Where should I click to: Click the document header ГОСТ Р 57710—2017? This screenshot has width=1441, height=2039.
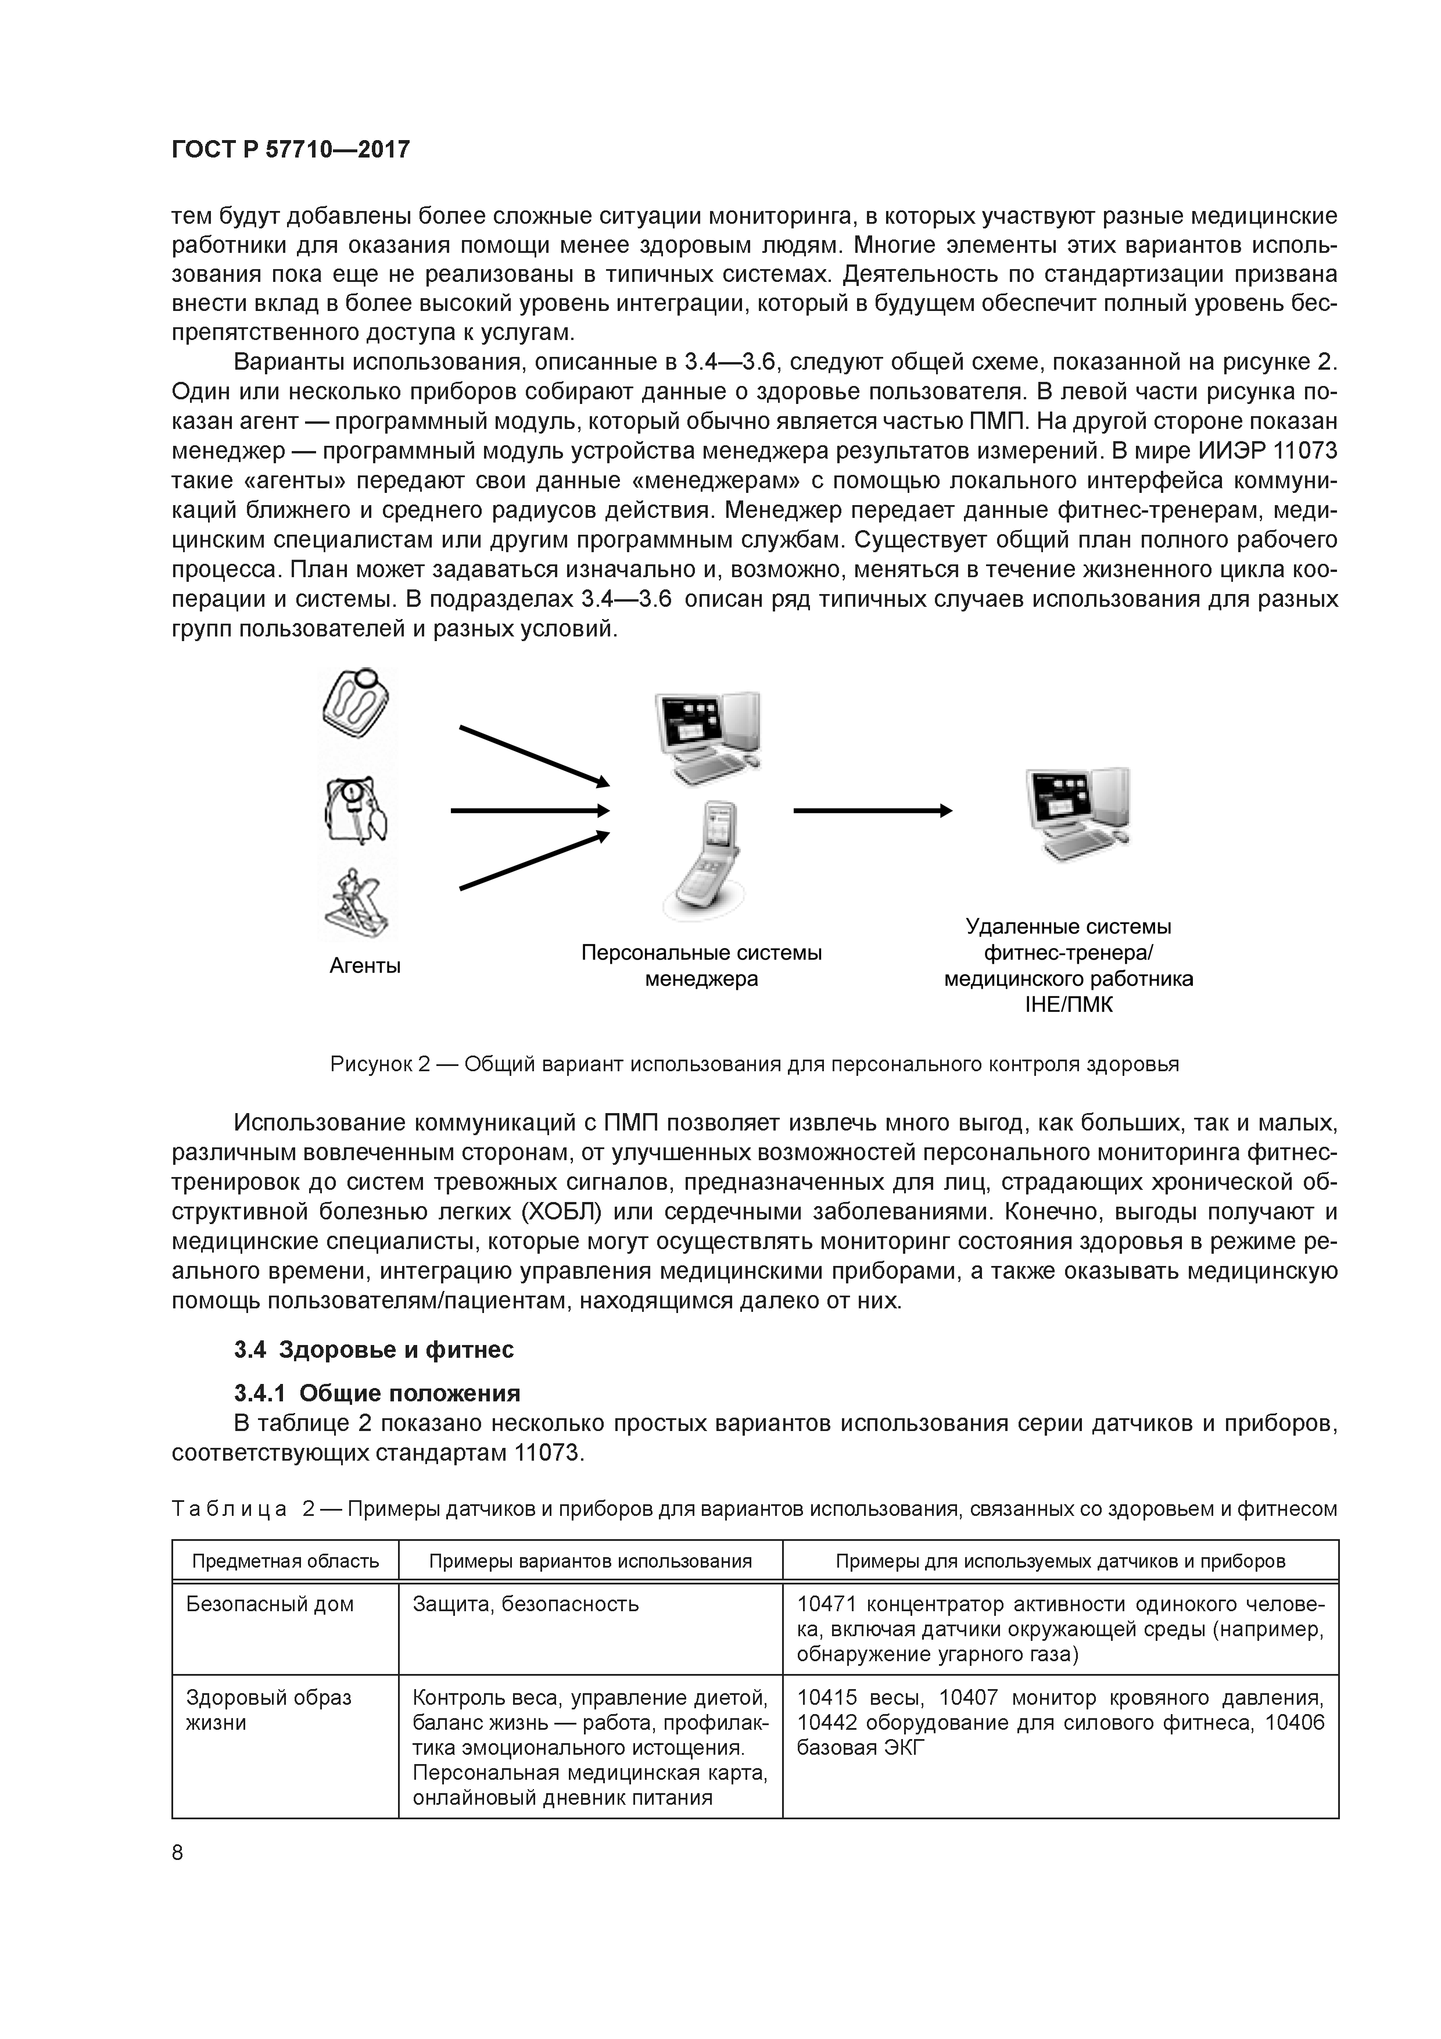[x=291, y=150]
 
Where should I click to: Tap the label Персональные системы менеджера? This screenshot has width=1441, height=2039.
[x=701, y=966]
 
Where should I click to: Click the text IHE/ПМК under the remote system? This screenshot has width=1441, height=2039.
[x=1068, y=1006]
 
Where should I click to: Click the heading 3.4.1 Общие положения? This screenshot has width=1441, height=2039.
[x=377, y=1393]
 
